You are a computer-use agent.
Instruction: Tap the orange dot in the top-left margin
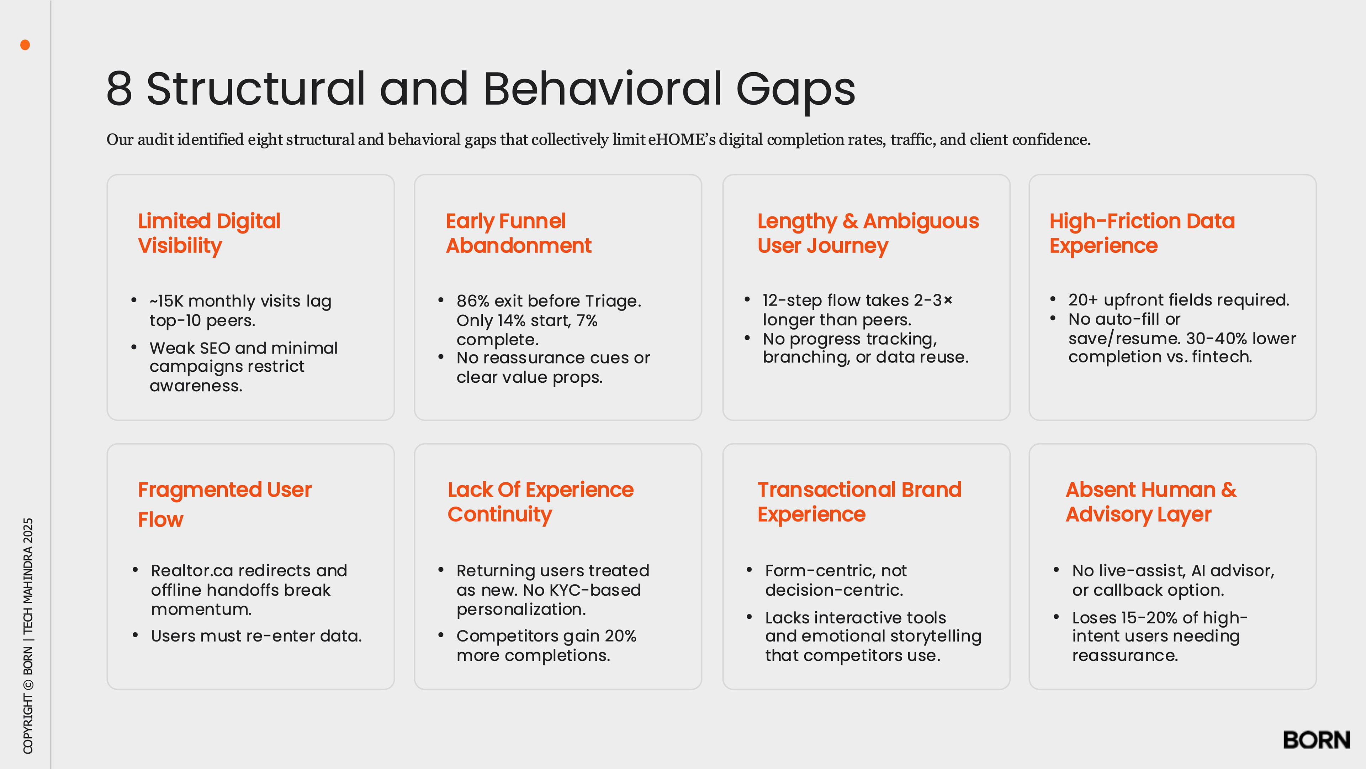click(x=25, y=45)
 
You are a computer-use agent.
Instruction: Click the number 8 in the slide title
click(x=119, y=89)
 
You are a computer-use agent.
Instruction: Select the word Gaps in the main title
click(x=795, y=89)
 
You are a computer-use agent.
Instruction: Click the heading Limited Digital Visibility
click(x=209, y=233)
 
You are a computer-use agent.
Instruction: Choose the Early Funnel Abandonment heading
click(x=518, y=233)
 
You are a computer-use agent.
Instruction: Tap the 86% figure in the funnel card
click(x=472, y=301)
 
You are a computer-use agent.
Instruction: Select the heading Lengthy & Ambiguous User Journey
click(x=868, y=233)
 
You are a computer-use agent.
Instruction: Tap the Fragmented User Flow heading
click(x=224, y=504)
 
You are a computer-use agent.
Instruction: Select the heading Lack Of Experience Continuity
click(x=540, y=502)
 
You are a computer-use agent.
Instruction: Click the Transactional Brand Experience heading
click(x=859, y=502)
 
